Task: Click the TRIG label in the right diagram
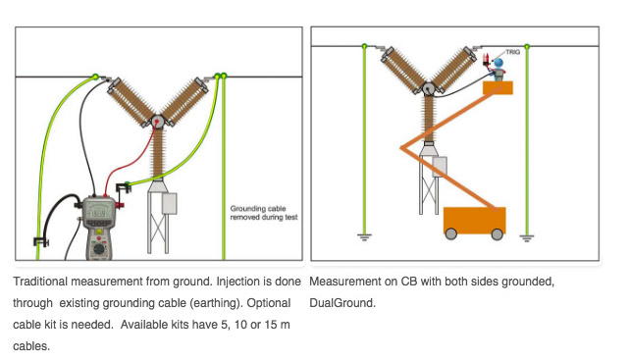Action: tap(512, 52)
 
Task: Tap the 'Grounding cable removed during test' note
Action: tap(264, 213)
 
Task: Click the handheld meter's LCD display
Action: tap(98, 211)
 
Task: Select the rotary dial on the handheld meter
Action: tap(98, 249)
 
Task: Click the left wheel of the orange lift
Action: tap(451, 233)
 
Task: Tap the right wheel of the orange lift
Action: tap(498, 233)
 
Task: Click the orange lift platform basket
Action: tap(498, 88)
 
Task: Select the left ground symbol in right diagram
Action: tap(364, 237)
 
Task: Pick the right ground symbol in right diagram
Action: tap(527, 237)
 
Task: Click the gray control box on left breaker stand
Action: tap(170, 204)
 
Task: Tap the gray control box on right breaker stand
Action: tap(440, 167)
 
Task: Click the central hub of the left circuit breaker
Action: tap(157, 121)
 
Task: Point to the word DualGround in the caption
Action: tap(341, 303)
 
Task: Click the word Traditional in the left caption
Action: tap(40, 282)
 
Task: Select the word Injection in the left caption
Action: tap(234, 282)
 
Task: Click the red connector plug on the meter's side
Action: tap(120, 205)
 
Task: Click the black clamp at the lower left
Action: tap(40, 241)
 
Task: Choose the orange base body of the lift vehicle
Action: tap(475, 220)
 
